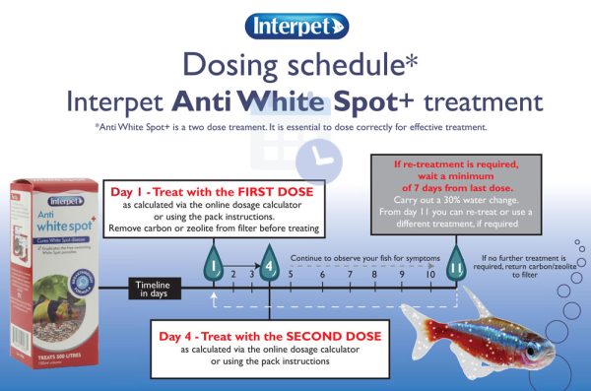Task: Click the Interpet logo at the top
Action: point(295,26)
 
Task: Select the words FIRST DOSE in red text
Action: point(272,190)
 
